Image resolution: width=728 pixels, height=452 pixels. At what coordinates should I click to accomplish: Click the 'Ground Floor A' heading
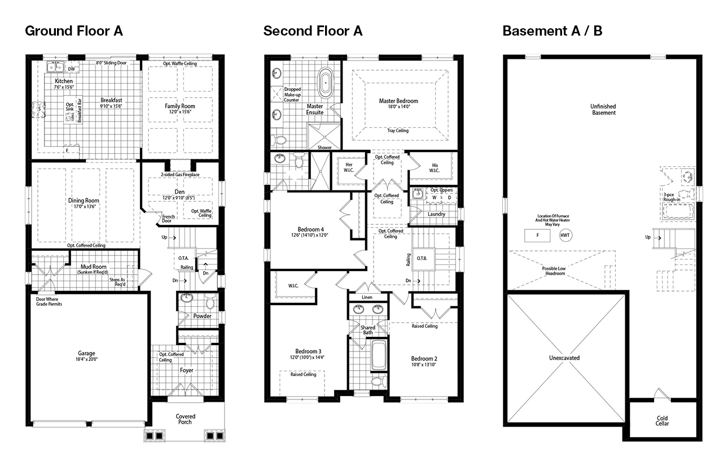[74, 31]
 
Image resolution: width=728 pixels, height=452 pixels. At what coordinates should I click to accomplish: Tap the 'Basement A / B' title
[552, 31]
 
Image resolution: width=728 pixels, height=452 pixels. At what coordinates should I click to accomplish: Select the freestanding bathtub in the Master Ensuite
[325, 82]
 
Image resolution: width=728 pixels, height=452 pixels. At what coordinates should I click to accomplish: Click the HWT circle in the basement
[565, 235]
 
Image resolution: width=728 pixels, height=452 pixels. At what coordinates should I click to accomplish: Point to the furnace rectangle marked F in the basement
[537, 235]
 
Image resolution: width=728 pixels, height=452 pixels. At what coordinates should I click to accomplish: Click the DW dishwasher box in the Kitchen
[72, 69]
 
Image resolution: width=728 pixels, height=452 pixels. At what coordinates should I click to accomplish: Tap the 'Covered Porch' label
[185, 419]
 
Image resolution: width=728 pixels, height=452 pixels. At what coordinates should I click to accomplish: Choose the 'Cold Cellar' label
[662, 421]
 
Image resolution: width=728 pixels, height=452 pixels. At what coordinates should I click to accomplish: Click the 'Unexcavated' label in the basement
[564, 358]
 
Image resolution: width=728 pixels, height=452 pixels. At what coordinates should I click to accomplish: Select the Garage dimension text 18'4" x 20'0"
[86, 359]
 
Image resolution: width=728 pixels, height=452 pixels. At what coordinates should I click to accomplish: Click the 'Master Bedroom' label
[398, 101]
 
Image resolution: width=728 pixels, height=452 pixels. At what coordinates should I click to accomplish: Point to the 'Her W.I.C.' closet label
[349, 167]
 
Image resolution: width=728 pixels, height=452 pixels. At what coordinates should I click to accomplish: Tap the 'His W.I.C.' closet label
[435, 168]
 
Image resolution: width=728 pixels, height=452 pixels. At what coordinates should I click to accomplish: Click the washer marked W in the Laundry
[434, 198]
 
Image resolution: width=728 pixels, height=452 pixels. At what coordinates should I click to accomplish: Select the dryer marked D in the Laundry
[449, 198]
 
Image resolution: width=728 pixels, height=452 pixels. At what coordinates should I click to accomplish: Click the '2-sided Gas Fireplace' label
[180, 175]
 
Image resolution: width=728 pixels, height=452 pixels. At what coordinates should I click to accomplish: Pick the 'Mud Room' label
[93, 267]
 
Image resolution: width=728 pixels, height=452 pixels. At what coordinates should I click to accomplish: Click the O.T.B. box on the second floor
[422, 258]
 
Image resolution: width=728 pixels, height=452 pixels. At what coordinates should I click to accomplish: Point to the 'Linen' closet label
[367, 297]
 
